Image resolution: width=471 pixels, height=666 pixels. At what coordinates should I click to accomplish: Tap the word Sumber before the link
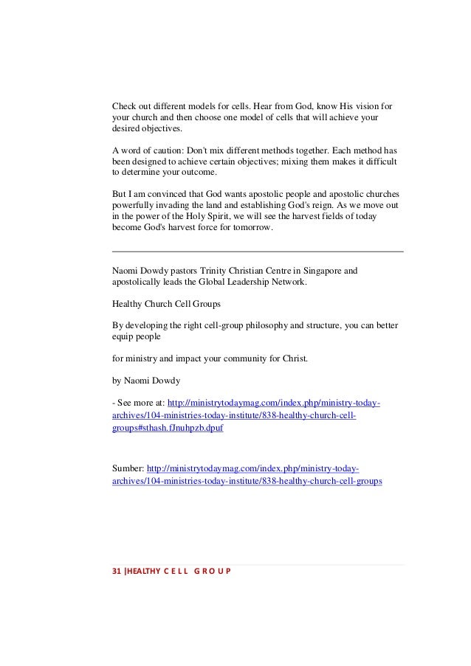128,468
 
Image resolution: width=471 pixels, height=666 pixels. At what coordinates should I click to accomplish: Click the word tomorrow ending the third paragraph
252,228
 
